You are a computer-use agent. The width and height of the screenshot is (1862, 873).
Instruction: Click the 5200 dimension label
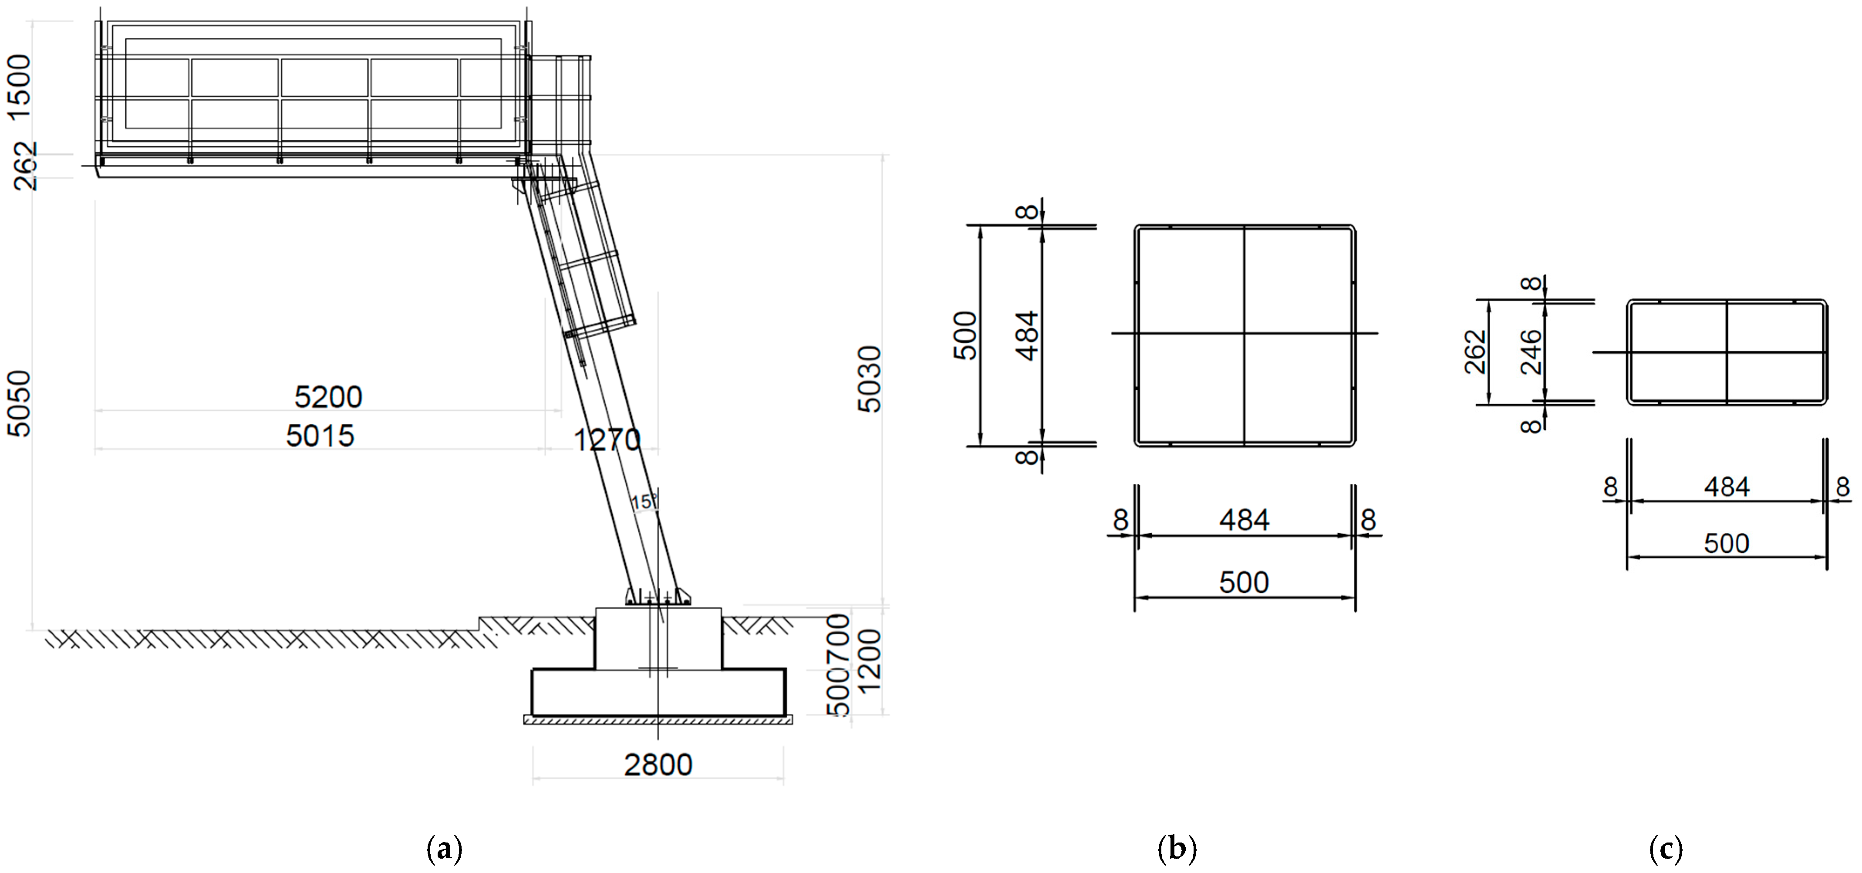click(328, 397)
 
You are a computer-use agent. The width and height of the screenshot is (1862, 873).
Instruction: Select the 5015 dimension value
click(320, 436)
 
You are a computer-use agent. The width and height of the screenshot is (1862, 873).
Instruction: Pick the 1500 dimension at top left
click(20, 81)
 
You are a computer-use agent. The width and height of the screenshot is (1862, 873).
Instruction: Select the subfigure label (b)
click(1177, 849)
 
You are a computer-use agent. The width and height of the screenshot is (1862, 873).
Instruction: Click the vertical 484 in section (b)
click(1027, 335)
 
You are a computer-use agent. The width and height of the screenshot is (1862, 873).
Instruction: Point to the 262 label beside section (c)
click(1475, 352)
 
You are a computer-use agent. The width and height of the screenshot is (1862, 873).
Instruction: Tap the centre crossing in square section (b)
click(1244, 333)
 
